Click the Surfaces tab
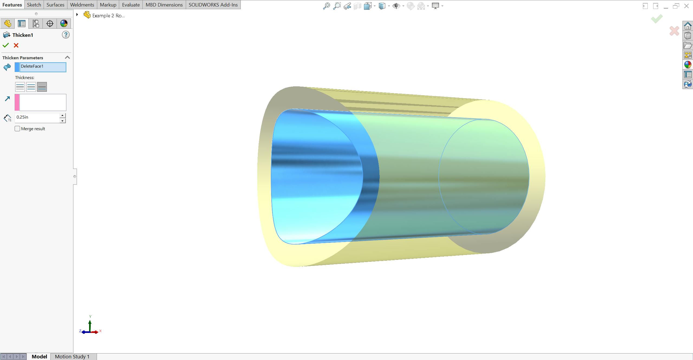(55, 5)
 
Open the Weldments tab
(82, 5)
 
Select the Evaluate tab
(131, 5)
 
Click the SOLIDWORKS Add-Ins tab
(213, 5)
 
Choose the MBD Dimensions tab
(164, 5)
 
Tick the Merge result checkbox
(18, 129)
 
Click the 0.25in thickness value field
(37, 117)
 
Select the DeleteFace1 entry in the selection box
(43, 67)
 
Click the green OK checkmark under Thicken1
(6, 45)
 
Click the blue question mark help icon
(66, 35)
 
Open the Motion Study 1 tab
(72, 356)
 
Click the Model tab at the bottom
(39, 356)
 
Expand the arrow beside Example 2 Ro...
(77, 15)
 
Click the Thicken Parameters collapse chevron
(67, 57)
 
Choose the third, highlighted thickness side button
(42, 87)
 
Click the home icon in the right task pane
(688, 26)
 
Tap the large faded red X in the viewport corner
(674, 31)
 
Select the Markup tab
(108, 5)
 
